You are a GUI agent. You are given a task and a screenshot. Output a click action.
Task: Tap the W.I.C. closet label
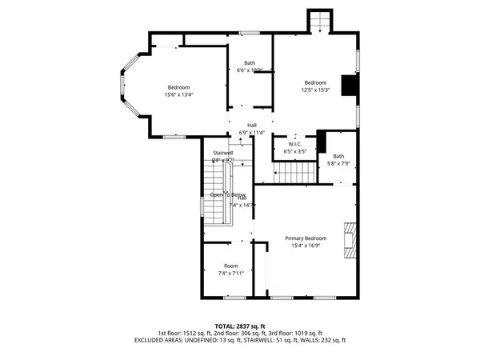pyautogui.click(x=294, y=144)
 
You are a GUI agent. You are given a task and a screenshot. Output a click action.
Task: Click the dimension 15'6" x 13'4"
pyautogui.click(x=178, y=94)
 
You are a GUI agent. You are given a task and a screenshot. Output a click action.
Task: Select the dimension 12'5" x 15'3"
pyautogui.click(x=315, y=90)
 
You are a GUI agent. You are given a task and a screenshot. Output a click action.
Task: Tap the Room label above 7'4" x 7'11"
pyautogui.click(x=231, y=266)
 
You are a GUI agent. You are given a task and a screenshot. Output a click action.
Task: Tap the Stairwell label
pyautogui.click(x=222, y=153)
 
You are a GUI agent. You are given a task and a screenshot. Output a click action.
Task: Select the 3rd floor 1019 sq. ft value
pyautogui.click(x=307, y=334)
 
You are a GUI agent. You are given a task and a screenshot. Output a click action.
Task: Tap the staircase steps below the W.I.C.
pyautogui.click(x=293, y=172)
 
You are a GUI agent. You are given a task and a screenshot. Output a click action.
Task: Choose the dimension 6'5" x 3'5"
pyautogui.click(x=294, y=150)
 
